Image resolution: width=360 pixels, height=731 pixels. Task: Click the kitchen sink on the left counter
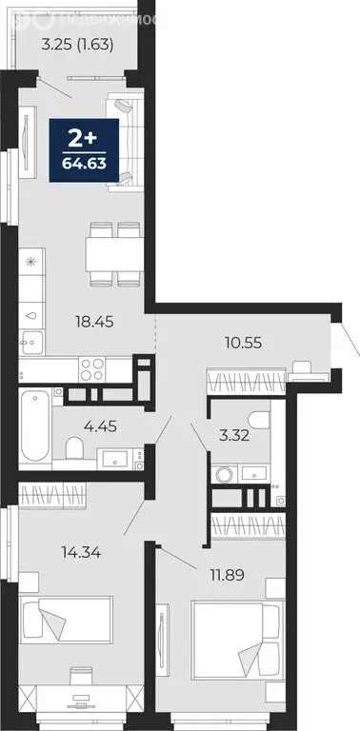31,312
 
